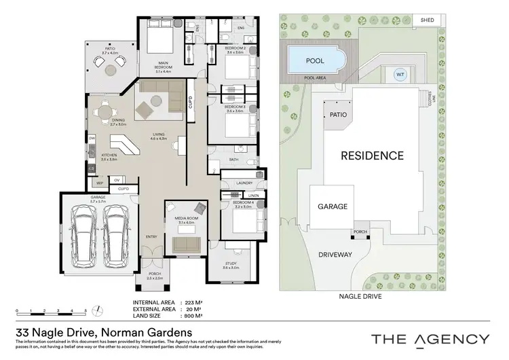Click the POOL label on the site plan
click(316, 61)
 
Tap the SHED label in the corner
click(428, 20)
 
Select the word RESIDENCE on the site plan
click(371, 156)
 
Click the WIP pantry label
click(98, 183)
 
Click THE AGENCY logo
click(429, 339)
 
